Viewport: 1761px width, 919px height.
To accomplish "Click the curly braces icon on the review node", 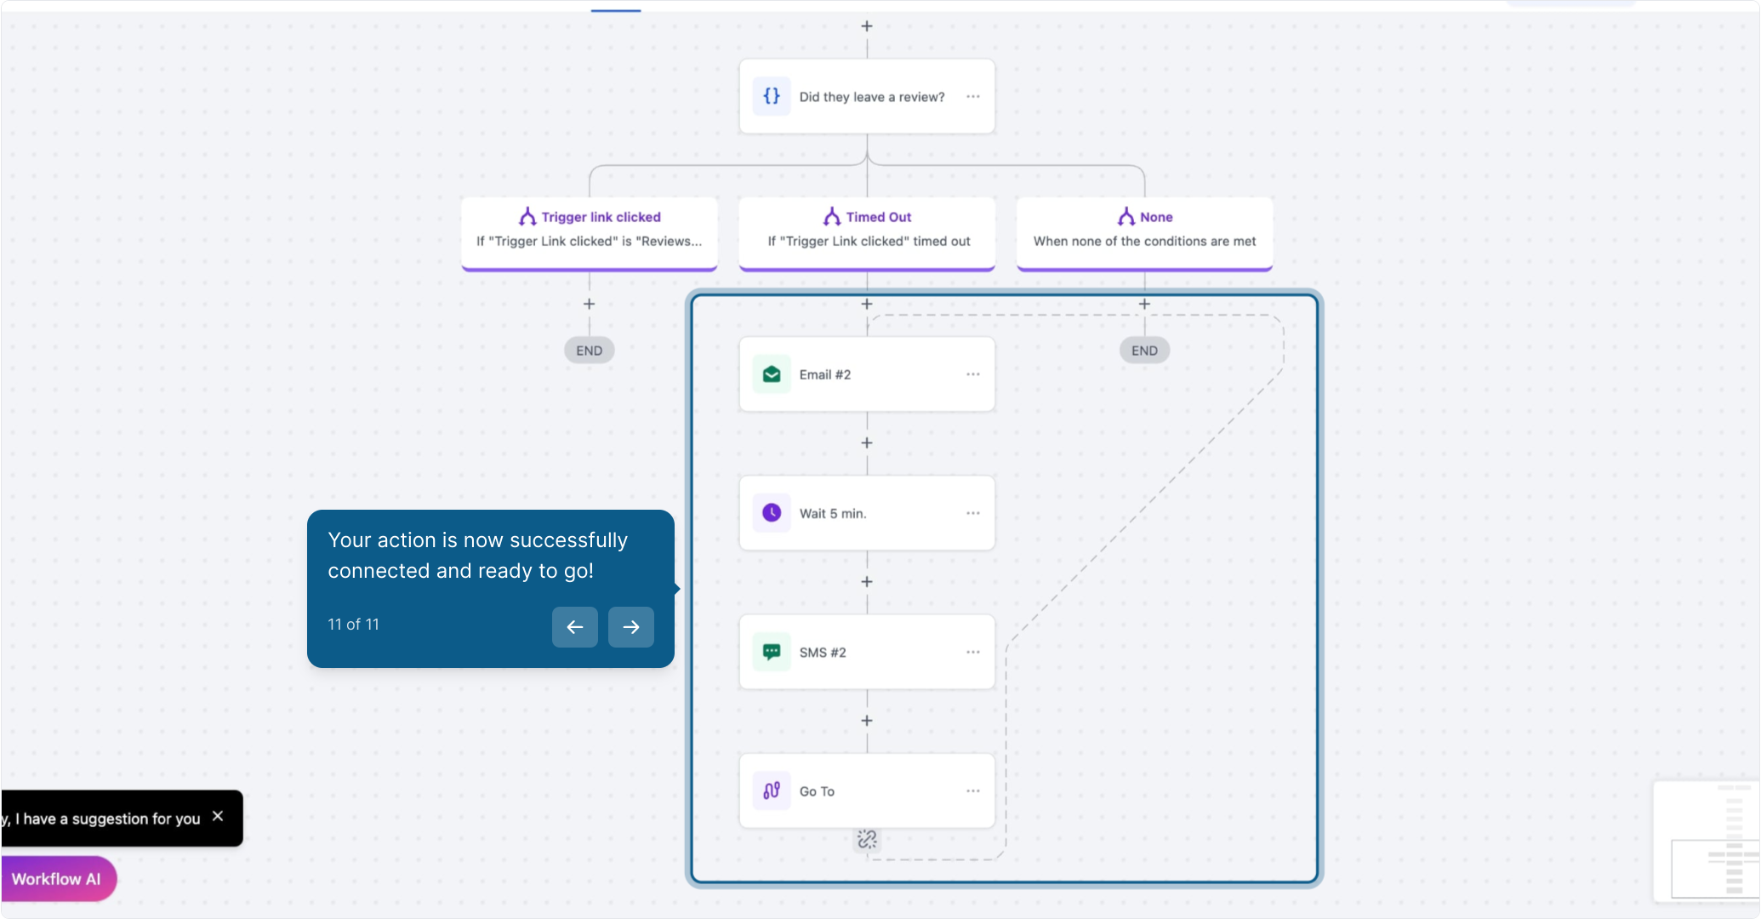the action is pyautogui.click(x=772, y=96).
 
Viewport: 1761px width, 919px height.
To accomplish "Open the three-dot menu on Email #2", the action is pyautogui.click(x=973, y=374).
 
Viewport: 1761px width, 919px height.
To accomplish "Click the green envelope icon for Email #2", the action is pyautogui.click(x=772, y=374).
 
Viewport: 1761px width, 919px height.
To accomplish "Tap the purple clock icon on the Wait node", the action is pyautogui.click(x=772, y=513).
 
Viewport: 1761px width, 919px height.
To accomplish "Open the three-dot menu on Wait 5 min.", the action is pyautogui.click(x=973, y=513).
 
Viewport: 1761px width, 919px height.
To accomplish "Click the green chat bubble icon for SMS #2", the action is pyautogui.click(x=772, y=652).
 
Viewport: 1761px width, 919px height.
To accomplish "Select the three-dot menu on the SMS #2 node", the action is pyautogui.click(x=973, y=652).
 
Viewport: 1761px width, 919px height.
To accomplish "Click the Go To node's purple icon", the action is pyautogui.click(x=772, y=791).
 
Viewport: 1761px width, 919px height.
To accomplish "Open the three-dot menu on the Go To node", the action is pyautogui.click(x=973, y=791).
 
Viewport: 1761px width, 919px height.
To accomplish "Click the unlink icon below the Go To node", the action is pyautogui.click(x=867, y=840).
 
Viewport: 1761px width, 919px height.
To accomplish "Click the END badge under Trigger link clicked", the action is pyautogui.click(x=589, y=351).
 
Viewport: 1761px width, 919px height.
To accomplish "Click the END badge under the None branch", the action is pyautogui.click(x=1144, y=351).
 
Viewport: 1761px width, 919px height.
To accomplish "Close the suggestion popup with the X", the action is pyautogui.click(x=218, y=816).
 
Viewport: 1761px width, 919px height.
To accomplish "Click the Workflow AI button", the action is pyautogui.click(x=56, y=879).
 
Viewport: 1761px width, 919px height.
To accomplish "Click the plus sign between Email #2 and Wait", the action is pyautogui.click(x=867, y=443).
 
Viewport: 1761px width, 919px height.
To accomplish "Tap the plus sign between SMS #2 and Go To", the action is pyautogui.click(x=867, y=721).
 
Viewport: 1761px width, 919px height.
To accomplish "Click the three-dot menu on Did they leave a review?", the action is pyautogui.click(x=973, y=96).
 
